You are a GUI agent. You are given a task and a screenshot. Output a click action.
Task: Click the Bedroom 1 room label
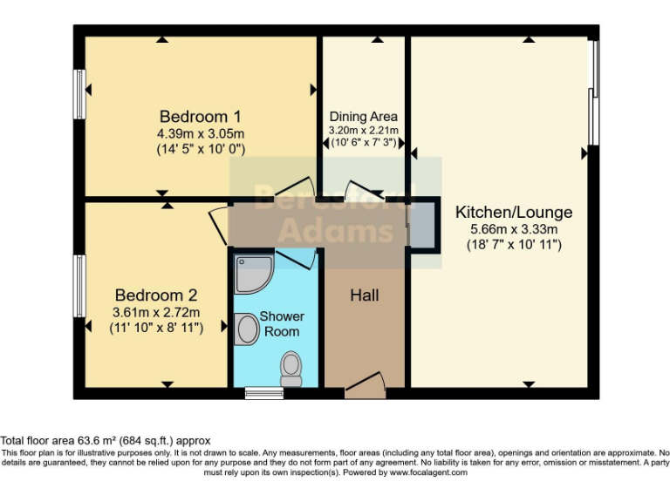(200, 117)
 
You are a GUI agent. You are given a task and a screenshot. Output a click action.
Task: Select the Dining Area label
(363, 117)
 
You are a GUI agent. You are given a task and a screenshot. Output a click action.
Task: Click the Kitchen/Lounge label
(514, 212)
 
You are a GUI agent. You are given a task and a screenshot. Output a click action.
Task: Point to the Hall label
(365, 296)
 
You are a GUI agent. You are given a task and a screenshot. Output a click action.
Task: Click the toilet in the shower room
(291, 370)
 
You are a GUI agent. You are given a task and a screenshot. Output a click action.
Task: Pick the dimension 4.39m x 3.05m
(200, 134)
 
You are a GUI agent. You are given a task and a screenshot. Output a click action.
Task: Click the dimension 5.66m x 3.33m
(514, 229)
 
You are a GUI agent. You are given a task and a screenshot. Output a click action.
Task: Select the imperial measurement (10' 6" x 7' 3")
(363, 142)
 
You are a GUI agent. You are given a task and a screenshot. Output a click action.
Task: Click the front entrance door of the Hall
(365, 385)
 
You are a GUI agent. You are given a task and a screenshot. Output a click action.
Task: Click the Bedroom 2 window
(79, 286)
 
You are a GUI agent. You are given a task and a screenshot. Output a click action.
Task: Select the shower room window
(259, 394)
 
